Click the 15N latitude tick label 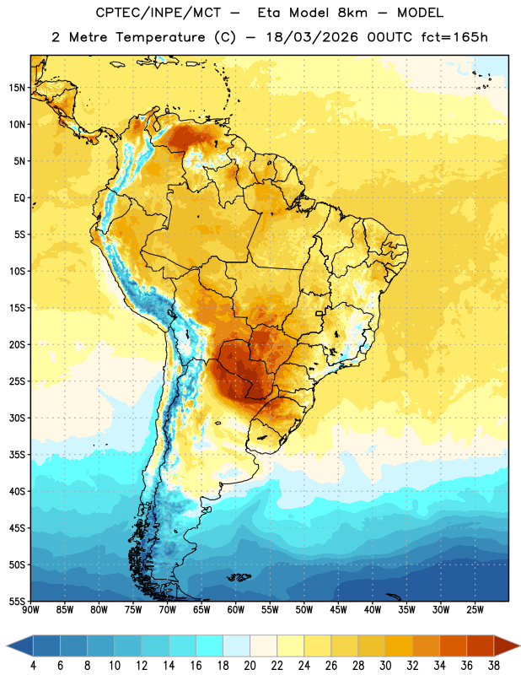[x=17, y=88]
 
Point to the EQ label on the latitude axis [x=19, y=198]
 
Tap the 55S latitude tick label [x=17, y=601]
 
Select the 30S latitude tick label [x=17, y=418]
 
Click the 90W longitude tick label [x=30, y=610]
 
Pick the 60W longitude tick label [x=236, y=610]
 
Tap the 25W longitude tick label [x=475, y=610]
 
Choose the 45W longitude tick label [x=338, y=610]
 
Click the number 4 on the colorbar [x=33, y=666]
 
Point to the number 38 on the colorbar [x=493, y=666]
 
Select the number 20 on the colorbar [x=250, y=666]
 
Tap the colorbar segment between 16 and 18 [x=209, y=645]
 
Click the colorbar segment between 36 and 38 [x=480, y=645]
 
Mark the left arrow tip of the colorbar [x=7, y=645]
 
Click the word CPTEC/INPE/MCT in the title [x=158, y=13]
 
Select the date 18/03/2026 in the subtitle [x=312, y=37]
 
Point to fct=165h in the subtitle [x=454, y=37]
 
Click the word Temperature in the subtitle [x=160, y=37]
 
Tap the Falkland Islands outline [x=239, y=577]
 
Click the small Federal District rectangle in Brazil [x=319, y=313]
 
